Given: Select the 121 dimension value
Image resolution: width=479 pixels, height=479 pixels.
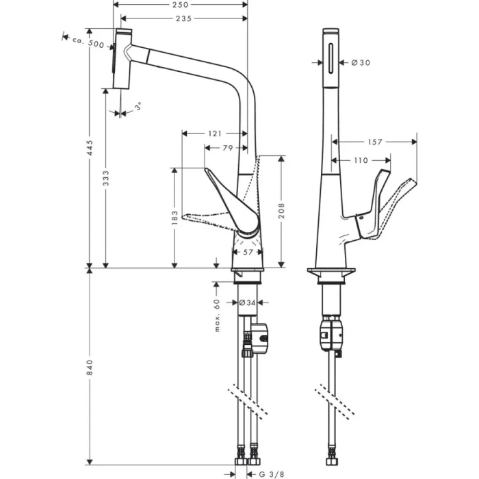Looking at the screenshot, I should coord(214,133).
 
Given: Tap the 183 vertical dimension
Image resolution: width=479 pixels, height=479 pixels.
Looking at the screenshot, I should coord(175,218).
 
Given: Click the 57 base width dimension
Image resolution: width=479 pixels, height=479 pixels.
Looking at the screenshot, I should coord(248,253).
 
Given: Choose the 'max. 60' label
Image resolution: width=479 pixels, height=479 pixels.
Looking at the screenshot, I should coord(216,315).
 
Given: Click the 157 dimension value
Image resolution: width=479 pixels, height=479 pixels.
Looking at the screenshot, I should coord(375,142).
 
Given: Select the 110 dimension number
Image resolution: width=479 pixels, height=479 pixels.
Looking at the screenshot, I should coord(360,161).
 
